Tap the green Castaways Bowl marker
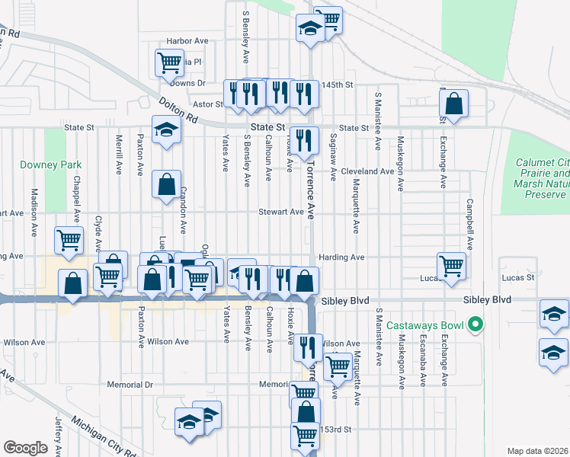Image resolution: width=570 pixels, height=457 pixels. coord(477,325)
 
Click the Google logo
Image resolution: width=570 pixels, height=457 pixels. coord(25,447)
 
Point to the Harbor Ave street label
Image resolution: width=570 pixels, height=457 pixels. coord(187,40)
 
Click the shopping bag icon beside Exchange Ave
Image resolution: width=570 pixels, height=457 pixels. coord(453,104)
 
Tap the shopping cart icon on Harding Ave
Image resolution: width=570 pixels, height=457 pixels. coord(451,266)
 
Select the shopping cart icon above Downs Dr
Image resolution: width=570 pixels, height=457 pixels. coord(168,62)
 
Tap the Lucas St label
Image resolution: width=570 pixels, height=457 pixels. coord(519,278)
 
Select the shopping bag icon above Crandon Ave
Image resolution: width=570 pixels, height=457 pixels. coord(166,184)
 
